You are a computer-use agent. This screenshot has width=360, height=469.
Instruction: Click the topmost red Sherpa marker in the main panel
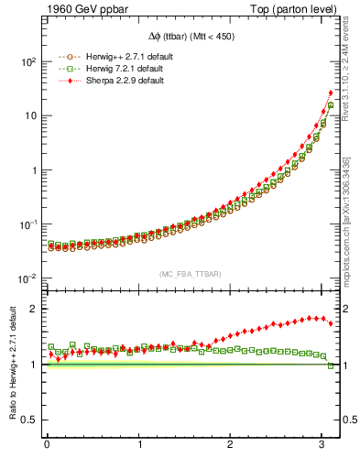[331, 93]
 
